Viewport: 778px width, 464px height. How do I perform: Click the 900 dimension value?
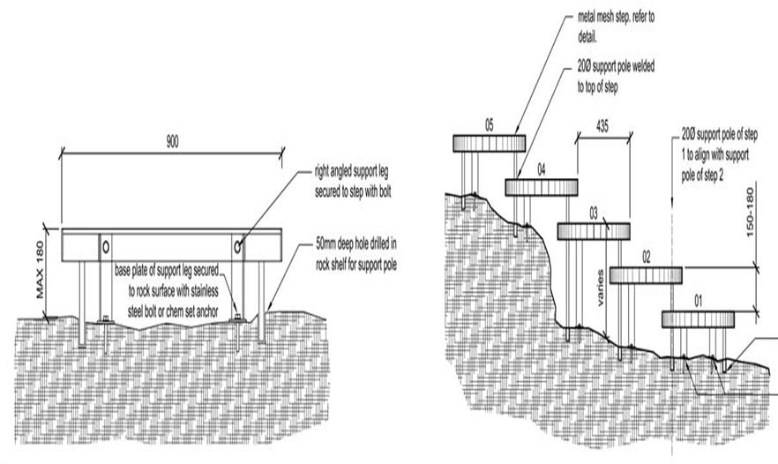171,142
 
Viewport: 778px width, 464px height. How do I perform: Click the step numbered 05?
489,143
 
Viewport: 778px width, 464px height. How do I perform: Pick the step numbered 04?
541,187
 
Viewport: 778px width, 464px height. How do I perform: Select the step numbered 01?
698,318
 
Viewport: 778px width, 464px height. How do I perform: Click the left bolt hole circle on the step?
106,243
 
